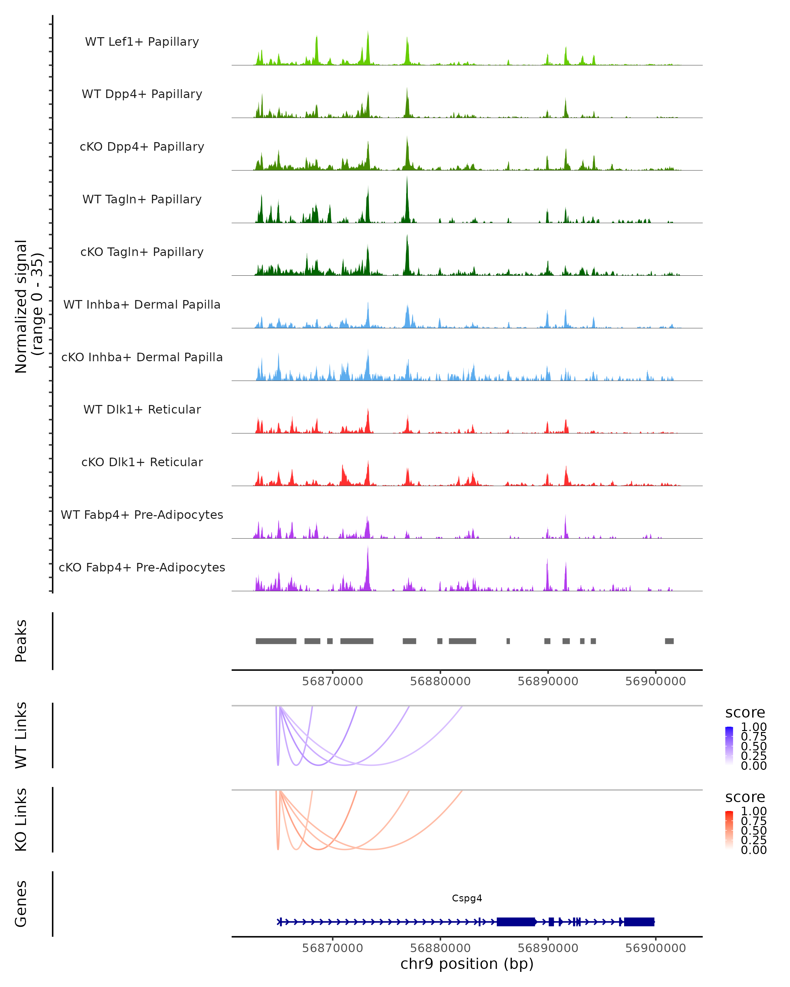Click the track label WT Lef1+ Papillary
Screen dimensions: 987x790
tap(142, 42)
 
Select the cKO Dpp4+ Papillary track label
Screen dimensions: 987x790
tap(142, 146)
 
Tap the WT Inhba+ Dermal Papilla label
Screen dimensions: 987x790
tap(142, 304)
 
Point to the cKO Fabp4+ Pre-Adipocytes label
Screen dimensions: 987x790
tap(142, 567)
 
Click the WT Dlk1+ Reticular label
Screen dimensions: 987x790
tap(142, 409)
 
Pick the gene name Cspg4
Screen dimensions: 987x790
tap(467, 898)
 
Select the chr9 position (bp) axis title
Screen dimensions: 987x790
tap(467, 964)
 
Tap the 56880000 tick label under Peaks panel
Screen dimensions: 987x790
tap(440, 681)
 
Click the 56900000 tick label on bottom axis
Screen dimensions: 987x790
tap(655, 948)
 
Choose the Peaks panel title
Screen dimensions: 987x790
tap(21, 641)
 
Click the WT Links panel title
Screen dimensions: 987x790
tap(21, 735)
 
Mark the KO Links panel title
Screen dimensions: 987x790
tap(21, 820)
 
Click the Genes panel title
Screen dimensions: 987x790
tap(21, 904)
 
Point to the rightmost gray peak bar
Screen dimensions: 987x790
tap(669, 641)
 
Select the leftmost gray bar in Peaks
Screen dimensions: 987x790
tap(276, 641)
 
